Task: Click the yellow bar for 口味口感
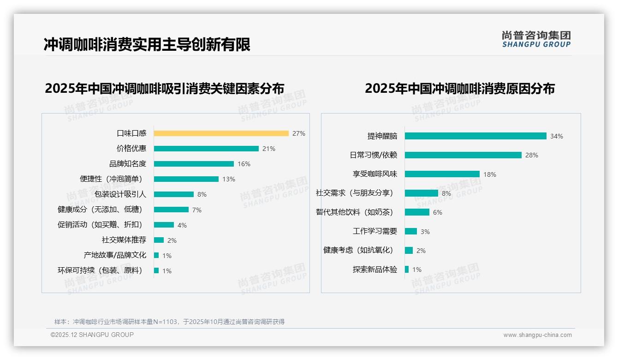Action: (x=221, y=133)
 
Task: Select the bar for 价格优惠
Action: (x=206, y=149)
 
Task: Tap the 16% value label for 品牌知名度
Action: (x=244, y=164)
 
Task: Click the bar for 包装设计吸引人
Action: (x=174, y=194)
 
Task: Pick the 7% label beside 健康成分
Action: (x=197, y=210)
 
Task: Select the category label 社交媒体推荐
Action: (x=124, y=240)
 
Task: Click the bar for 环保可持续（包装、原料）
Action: (x=156, y=270)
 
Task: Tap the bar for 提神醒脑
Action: (x=475, y=136)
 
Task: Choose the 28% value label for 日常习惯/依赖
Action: (x=532, y=155)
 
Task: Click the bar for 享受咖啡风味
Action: (x=442, y=174)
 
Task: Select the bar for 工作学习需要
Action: (x=411, y=231)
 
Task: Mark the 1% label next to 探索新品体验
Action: (x=417, y=270)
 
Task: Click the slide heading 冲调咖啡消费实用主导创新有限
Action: (x=147, y=45)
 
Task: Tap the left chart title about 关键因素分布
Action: (x=165, y=88)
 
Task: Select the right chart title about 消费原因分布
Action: (x=460, y=88)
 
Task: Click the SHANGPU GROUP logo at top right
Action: (x=536, y=39)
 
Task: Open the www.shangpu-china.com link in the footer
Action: (x=537, y=335)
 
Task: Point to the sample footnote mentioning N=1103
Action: (x=170, y=322)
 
